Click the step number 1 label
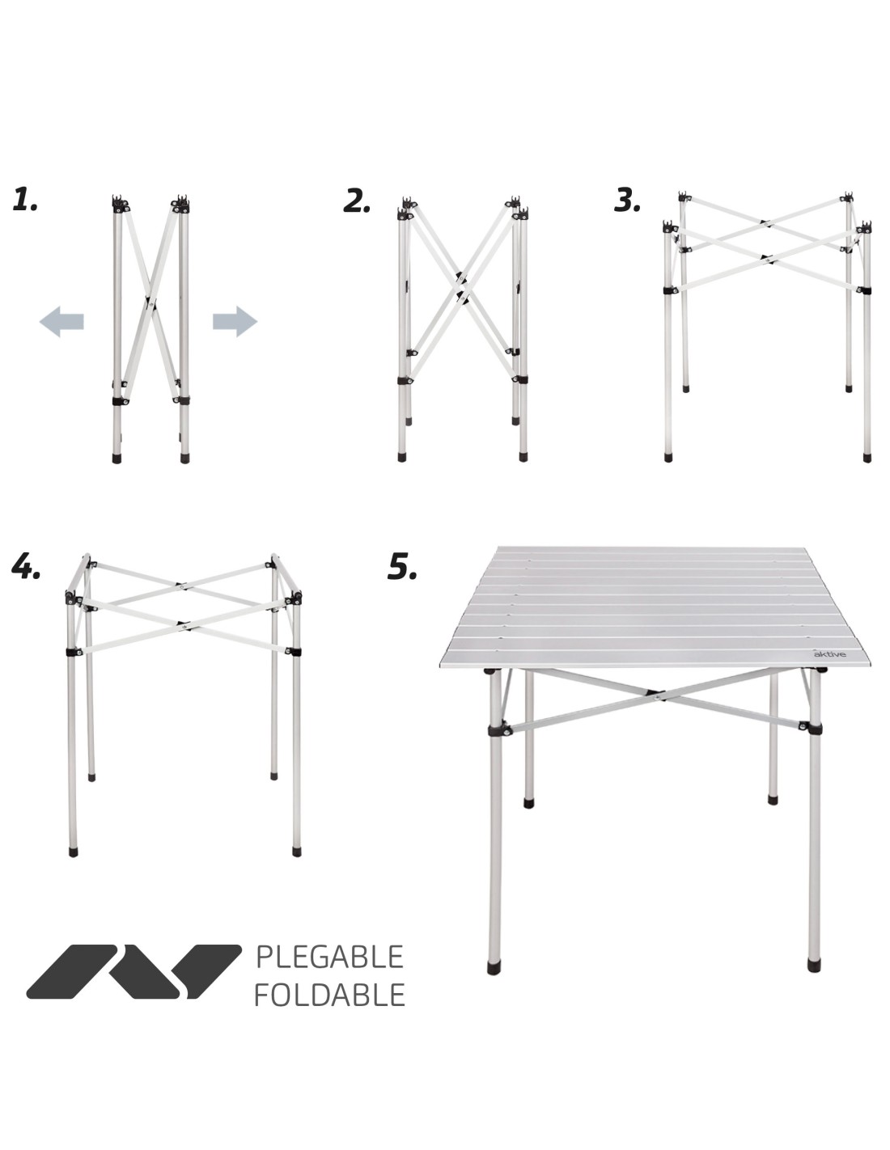[x=25, y=199]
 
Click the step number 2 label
[x=357, y=201]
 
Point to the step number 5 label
[x=402, y=566]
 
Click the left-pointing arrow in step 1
[x=62, y=321]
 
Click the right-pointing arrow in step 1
[x=235, y=321]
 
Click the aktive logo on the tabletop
[x=829, y=654]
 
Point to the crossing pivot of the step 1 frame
[x=150, y=304]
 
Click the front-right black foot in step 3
[x=867, y=457]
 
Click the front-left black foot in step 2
[x=402, y=457]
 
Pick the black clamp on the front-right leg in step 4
[x=295, y=651]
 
